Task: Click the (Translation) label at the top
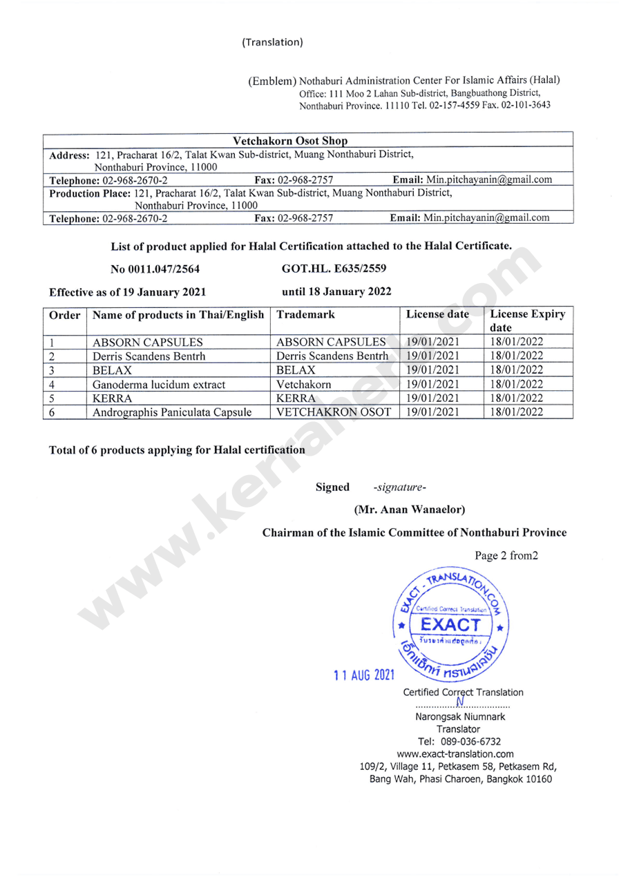coord(272,42)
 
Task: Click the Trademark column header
coord(305,314)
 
